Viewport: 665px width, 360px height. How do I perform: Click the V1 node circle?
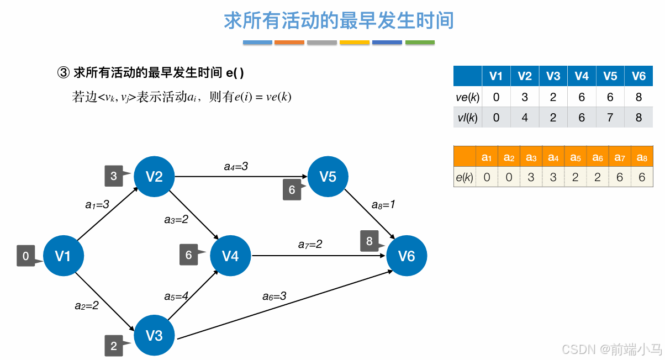pyautogui.click(x=63, y=256)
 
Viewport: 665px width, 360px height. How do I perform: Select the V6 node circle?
pyautogui.click(x=407, y=256)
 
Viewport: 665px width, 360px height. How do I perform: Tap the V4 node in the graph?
pyautogui.click(x=230, y=256)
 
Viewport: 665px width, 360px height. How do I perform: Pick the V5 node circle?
pyautogui.click(x=328, y=176)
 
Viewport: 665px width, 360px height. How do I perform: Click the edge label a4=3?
pyautogui.click(x=236, y=166)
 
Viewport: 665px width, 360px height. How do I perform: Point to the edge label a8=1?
pyautogui.click(x=383, y=204)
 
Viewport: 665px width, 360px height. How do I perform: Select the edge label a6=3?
pyautogui.click(x=274, y=296)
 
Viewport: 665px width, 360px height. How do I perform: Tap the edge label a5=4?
pyautogui.click(x=176, y=296)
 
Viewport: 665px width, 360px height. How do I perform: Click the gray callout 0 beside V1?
pyautogui.click(x=26, y=256)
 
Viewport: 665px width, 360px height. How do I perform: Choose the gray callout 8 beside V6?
pyautogui.click(x=370, y=241)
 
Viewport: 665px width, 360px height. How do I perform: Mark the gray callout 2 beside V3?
pyautogui.click(x=114, y=346)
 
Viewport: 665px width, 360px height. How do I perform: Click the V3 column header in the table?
pyautogui.click(x=553, y=76)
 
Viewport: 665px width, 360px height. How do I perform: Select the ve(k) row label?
pyautogui.click(x=467, y=97)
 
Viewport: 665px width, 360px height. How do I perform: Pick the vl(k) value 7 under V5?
pyautogui.click(x=610, y=118)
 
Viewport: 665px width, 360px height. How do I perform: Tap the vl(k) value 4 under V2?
pyautogui.click(x=525, y=118)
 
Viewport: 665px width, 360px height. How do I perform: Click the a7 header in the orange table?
pyautogui.click(x=620, y=157)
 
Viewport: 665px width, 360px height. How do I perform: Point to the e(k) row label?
pyautogui.click(x=465, y=177)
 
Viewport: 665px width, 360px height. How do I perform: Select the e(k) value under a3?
pyautogui.click(x=531, y=177)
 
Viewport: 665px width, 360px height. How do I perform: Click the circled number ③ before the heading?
pyautogui.click(x=64, y=72)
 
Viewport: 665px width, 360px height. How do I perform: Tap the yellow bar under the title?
pyautogui.click(x=355, y=43)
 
